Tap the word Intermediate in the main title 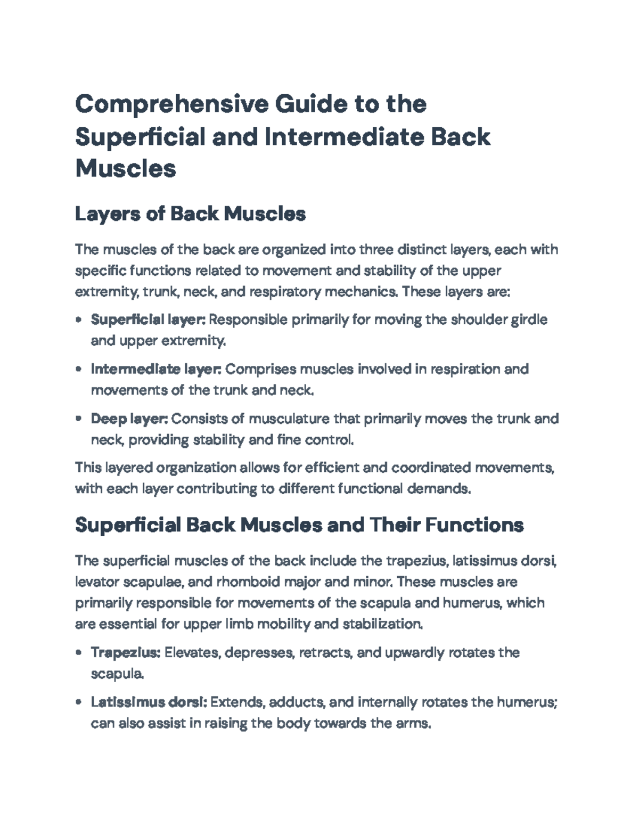point(343,136)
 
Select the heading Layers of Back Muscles point(190,214)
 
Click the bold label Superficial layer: point(148,320)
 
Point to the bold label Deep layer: point(129,419)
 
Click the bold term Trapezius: point(126,652)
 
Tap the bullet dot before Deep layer point(79,419)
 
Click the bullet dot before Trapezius point(79,652)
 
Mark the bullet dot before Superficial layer point(79,320)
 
